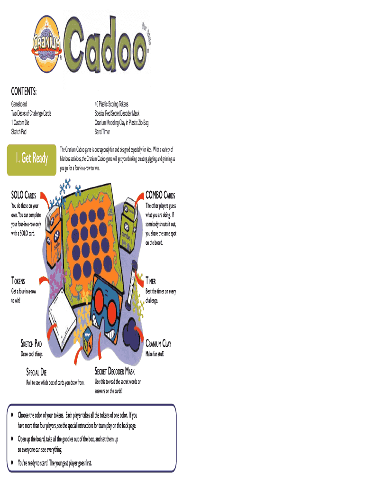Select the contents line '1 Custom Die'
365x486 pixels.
24,122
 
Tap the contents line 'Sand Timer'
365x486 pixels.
102,131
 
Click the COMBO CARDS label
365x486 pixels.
160,196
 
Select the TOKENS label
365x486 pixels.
19,281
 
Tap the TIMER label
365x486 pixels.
154,281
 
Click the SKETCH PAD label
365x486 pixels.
35,344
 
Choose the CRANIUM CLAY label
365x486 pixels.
158,344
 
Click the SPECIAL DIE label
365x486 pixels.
43,372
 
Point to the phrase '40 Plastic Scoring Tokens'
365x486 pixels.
111,104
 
